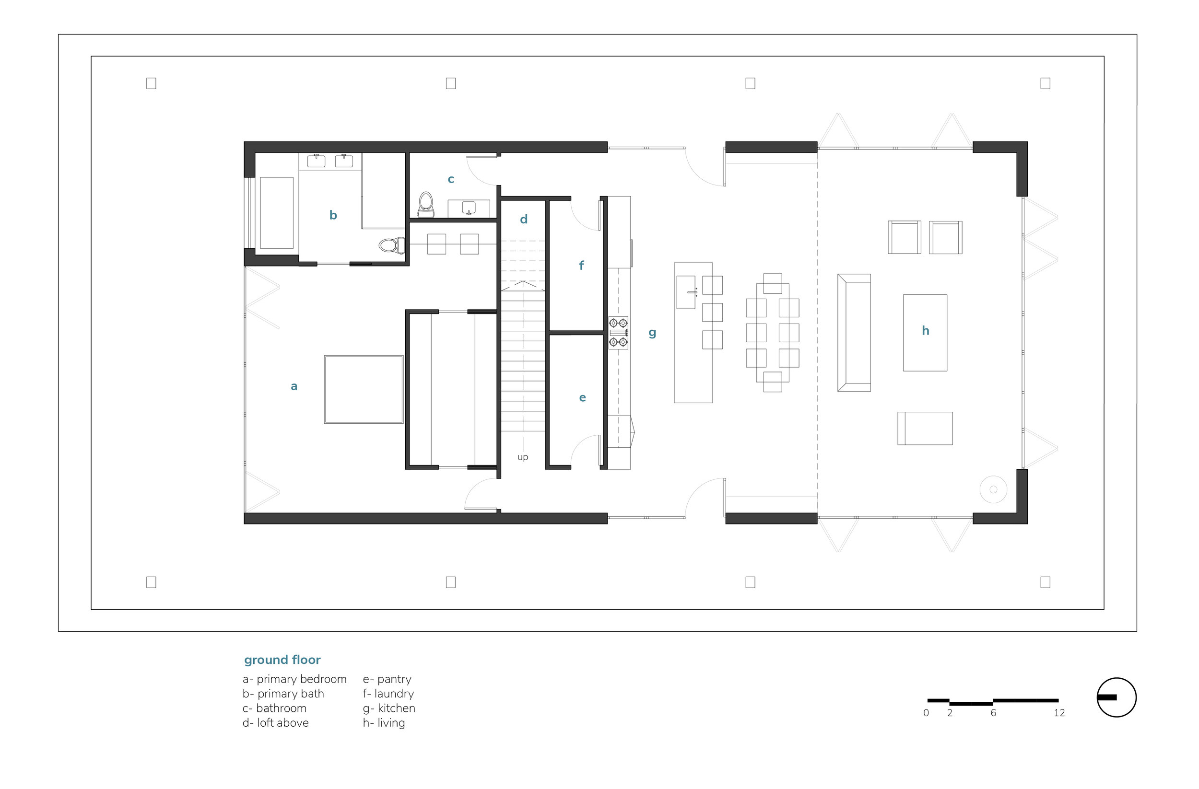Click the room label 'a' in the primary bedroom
click(x=294, y=387)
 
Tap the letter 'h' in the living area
click(x=925, y=331)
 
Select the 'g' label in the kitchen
click(x=652, y=333)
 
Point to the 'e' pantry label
click(x=582, y=398)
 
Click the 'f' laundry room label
click(x=581, y=266)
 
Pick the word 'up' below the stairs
click(x=523, y=457)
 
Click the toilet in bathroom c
click(x=426, y=204)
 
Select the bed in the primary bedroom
click(x=364, y=389)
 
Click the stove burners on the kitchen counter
click(x=618, y=333)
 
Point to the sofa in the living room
click(x=854, y=333)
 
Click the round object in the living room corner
click(x=993, y=489)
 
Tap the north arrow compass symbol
click(x=1117, y=697)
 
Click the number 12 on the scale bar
click(x=1059, y=713)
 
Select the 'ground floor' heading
click(x=282, y=660)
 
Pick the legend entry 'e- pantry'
click(x=387, y=679)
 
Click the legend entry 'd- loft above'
click(x=276, y=723)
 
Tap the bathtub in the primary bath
click(x=277, y=212)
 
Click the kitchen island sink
click(x=686, y=292)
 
